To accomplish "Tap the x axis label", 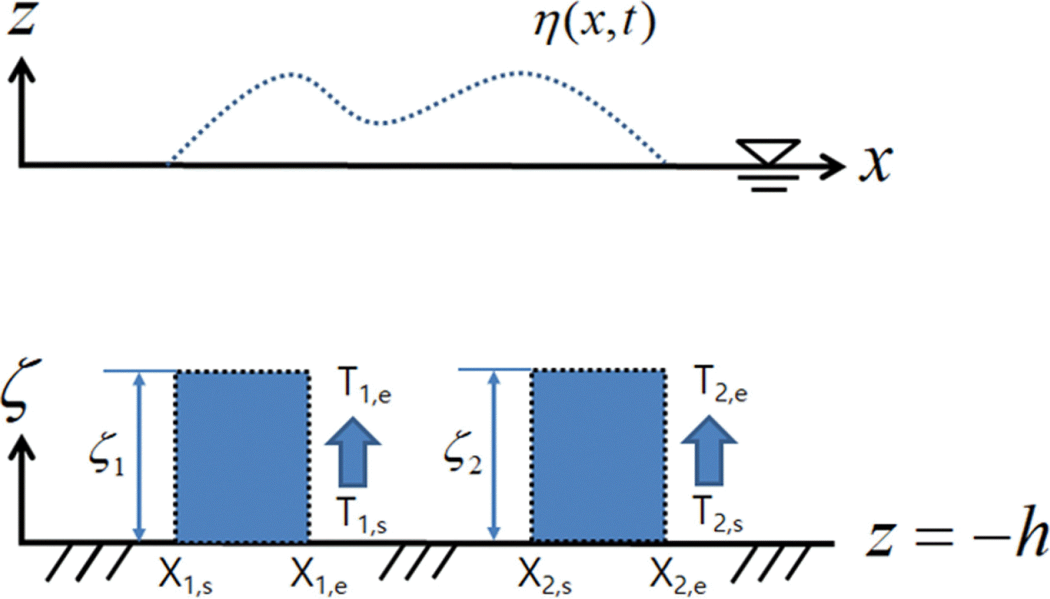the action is click(875, 163).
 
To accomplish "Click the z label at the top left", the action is click(21, 17).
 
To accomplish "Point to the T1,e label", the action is click(364, 385).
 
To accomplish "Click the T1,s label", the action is click(362, 515).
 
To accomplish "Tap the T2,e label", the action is click(720, 384).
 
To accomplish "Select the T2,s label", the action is click(718, 514).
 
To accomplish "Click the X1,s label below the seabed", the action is click(186, 574).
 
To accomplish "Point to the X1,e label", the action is click(318, 574).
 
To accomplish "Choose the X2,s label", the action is click(545, 574).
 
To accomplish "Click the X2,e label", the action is click(678, 574).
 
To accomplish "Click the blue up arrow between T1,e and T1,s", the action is click(352, 452).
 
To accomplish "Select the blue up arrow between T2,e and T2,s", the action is click(709, 451).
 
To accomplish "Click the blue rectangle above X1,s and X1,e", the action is click(243, 456).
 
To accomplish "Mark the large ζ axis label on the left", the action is click(21, 391).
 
